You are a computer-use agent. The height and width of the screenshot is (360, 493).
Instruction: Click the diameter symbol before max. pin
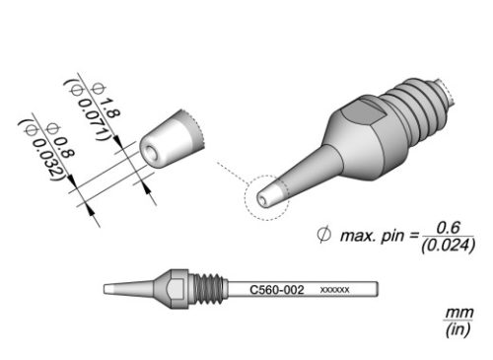(322, 236)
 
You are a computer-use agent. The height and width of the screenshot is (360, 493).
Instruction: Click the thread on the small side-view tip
(205, 290)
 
